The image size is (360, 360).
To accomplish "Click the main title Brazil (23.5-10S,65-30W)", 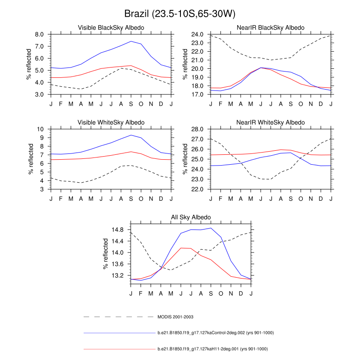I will point(180,14).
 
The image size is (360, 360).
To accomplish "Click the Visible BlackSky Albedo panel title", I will point(111,28).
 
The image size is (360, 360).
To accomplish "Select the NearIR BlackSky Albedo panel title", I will point(270,28).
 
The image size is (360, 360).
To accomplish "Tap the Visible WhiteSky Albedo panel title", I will point(111,122).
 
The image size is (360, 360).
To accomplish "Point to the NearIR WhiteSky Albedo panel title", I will point(270,122).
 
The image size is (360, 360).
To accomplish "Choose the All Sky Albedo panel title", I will point(191,217).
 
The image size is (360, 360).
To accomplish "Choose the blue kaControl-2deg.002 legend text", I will point(216,333).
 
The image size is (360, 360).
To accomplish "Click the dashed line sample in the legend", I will point(119,317).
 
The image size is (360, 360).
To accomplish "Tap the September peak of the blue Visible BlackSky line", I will point(131,41).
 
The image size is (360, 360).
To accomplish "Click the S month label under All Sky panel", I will point(211,294).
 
